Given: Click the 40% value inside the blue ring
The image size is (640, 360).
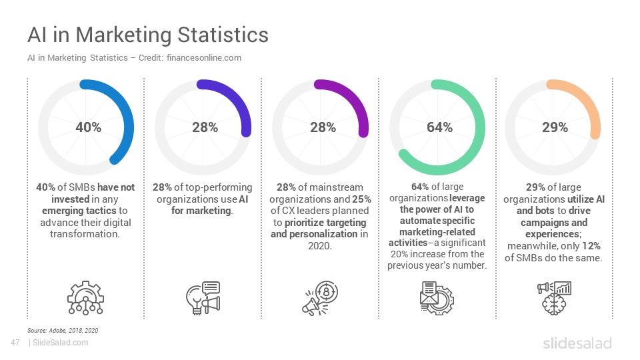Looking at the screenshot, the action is pyautogui.click(x=88, y=127).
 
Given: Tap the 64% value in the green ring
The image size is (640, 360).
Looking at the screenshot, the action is pyautogui.click(x=439, y=127).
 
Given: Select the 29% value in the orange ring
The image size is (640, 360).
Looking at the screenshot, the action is pyautogui.click(x=555, y=127).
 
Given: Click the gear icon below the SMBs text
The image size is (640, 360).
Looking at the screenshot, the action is pyautogui.click(x=85, y=297).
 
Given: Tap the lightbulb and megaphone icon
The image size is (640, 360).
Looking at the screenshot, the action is pyautogui.click(x=203, y=297).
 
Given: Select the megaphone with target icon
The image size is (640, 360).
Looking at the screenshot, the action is pyautogui.click(x=320, y=298).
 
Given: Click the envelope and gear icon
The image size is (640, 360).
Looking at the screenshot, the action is pyautogui.click(x=437, y=298).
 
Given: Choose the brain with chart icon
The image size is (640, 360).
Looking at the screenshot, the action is pyautogui.click(x=554, y=298).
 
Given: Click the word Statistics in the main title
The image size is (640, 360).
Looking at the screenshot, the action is pyautogui.click(x=223, y=34).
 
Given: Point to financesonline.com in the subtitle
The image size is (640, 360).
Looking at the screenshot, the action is pyautogui.click(x=204, y=58).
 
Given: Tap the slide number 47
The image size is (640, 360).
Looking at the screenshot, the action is pyautogui.click(x=15, y=343).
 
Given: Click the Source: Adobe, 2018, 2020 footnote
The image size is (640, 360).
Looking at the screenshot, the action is pyautogui.click(x=63, y=330).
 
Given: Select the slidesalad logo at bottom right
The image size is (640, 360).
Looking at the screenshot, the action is pyautogui.click(x=577, y=343).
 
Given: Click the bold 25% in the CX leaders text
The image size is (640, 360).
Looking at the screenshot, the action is pyautogui.click(x=361, y=199).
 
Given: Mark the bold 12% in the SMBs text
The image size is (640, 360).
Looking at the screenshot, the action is pyautogui.click(x=591, y=246).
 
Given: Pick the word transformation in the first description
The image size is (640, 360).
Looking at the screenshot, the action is pyautogui.click(x=85, y=234).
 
